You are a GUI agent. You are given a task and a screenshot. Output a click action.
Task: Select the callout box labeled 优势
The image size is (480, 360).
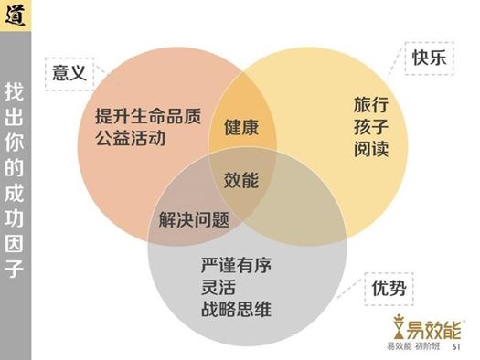tap(389, 291)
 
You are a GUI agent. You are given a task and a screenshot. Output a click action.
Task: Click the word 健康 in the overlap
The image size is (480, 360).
tap(240, 127)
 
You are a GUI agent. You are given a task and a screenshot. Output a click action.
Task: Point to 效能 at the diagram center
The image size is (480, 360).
tap(240, 180)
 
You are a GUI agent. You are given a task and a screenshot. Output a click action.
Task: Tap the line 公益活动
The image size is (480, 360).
tap(129, 141)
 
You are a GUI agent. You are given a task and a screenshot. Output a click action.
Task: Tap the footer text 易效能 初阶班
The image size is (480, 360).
tap(415, 346)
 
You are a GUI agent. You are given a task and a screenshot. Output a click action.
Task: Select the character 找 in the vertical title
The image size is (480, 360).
tap(15, 92)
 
